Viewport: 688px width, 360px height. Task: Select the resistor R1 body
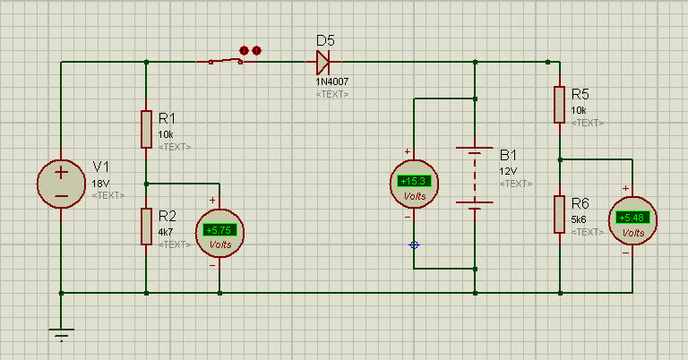coord(146,129)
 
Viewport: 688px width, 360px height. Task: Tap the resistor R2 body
coord(146,226)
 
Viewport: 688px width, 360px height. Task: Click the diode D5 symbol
coord(323,62)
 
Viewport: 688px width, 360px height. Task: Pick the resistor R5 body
coord(559,105)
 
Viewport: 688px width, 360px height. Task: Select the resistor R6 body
coord(559,215)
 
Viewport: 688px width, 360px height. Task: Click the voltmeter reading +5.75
coord(219,231)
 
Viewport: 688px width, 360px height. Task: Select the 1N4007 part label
coord(332,81)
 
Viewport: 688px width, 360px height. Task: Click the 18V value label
coord(101,183)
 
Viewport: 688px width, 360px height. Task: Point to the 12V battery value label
coord(508,170)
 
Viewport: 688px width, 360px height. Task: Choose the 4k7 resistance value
coord(166,231)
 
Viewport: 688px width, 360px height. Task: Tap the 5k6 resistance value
coord(579,219)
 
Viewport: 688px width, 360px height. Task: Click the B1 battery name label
coord(509,154)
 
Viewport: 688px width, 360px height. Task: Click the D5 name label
coord(326,40)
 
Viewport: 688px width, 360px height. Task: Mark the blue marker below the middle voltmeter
coord(414,244)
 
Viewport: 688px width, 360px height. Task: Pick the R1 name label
coord(168,117)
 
